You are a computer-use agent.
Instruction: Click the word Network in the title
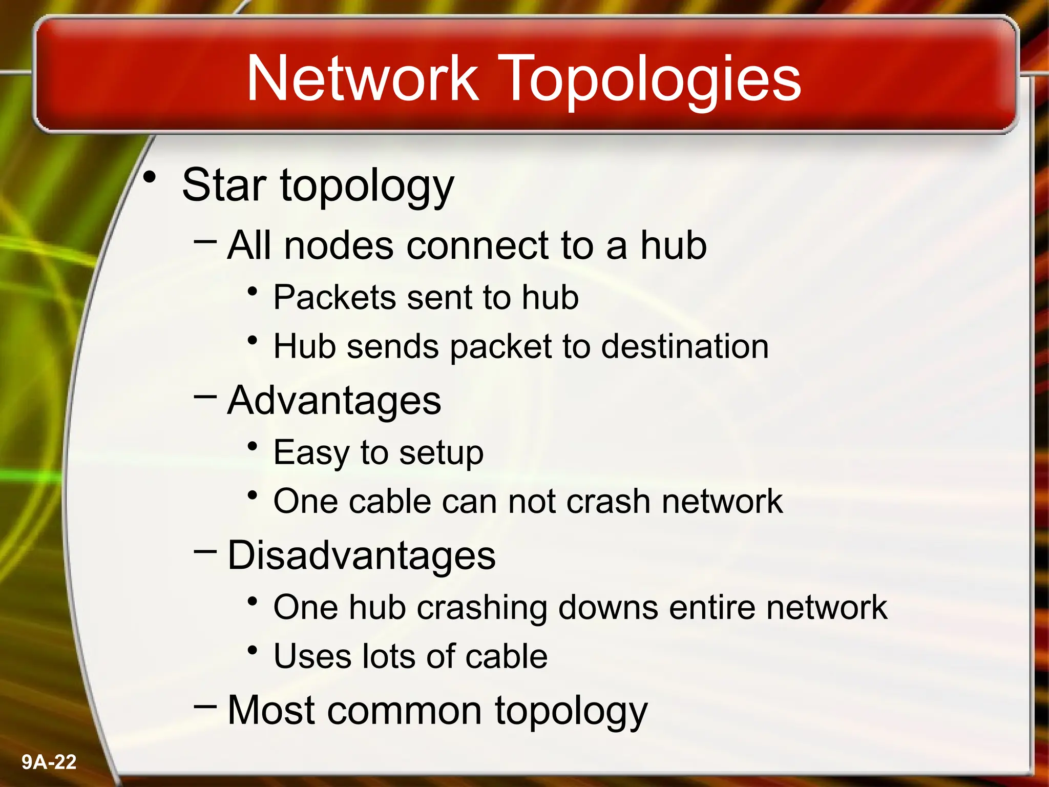tap(363, 78)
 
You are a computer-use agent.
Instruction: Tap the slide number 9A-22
tap(49, 762)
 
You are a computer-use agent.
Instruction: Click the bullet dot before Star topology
tap(150, 177)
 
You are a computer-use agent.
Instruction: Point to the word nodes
tap(339, 245)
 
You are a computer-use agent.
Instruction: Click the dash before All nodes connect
tap(205, 239)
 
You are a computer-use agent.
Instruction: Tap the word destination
tap(685, 346)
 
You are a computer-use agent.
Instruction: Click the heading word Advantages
tap(334, 400)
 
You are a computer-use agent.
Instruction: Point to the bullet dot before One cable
tap(252, 495)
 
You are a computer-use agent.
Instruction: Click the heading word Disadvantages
tap(361, 555)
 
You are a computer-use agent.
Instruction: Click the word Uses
tap(312, 656)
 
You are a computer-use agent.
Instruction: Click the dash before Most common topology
tap(205, 706)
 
